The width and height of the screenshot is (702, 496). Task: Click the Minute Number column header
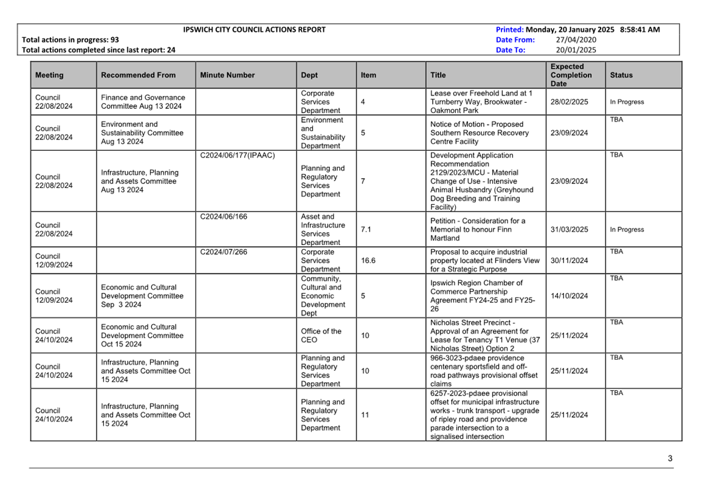coord(227,75)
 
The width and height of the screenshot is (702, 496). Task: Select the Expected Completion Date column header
coord(571,75)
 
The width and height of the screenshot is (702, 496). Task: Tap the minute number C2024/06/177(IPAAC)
coord(238,156)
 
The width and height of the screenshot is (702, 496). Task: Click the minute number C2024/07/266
coord(224,252)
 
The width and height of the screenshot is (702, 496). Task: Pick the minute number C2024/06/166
coord(224,217)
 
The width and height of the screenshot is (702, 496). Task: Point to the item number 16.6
coord(368,261)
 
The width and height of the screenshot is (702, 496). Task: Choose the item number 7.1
coord(366,230)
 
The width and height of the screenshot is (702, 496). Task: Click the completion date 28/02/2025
coord(569,102)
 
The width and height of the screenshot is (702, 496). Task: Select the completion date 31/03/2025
coord(569,230)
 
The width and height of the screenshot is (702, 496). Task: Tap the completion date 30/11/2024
coord(569,261)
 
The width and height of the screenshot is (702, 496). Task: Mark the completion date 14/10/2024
coord(569,296)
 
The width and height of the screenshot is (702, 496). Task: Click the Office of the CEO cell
coord(321,336)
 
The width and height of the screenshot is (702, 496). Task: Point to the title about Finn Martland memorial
coord(478,230)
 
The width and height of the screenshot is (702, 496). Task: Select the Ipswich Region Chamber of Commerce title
coord(483,296)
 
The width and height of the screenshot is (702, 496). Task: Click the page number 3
coord(670,459)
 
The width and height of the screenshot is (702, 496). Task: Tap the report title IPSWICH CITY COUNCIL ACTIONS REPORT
coord(254,30)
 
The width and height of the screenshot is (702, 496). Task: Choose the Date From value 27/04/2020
coord(576,40)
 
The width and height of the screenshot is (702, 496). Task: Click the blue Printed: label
coord(509,30)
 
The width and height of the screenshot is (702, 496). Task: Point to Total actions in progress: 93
coord(71,40)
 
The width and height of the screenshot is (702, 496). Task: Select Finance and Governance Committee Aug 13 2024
coord(143,102)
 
